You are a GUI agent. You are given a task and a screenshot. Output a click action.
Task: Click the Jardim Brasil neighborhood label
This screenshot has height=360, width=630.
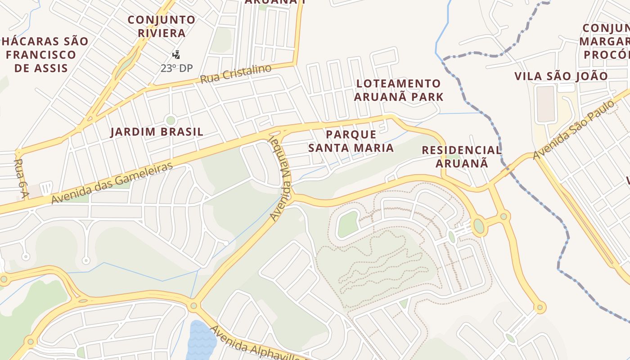(x=157, y=132)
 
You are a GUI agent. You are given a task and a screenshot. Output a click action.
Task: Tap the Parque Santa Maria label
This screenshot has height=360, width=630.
(x=351, y=141)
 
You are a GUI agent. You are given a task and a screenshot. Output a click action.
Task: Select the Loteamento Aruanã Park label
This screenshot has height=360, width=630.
(x=399, y=90)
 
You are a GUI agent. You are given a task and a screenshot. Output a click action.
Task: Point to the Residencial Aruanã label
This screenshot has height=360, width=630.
(x=461, y=156)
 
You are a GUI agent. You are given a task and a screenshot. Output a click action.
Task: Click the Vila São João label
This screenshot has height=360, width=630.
(x=561, y=76)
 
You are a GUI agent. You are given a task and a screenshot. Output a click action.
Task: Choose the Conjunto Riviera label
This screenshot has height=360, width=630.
(x=162, y=27)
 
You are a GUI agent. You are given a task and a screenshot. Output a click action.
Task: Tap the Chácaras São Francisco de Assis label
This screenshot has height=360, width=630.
(x=44, y=54)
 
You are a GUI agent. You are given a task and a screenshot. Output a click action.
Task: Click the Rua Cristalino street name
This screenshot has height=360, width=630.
(x=236, y=74)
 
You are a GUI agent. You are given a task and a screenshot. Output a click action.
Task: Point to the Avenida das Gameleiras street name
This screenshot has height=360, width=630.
(x=112, y=183)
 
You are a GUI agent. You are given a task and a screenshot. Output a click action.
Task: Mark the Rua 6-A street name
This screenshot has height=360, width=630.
(x=20, y=178)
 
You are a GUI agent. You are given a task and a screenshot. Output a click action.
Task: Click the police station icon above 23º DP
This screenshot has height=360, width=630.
(x=176, y=55)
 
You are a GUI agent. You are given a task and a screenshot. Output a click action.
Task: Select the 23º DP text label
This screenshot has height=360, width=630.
(x=176, y=68)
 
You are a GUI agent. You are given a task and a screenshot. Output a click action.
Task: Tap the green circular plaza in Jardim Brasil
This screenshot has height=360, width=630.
(x=170, y=120)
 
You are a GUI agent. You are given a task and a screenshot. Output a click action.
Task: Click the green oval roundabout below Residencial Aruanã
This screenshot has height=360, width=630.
(x=479, y=225)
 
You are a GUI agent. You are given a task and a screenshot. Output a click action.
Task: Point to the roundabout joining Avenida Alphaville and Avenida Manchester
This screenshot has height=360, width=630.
(x=193, y=306)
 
